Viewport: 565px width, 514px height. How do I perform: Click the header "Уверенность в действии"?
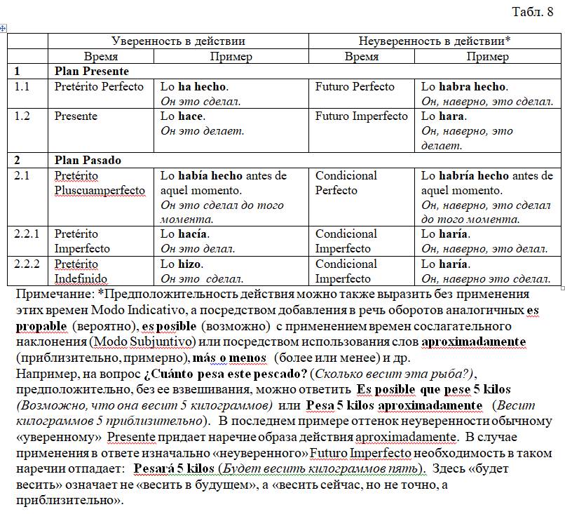[x=179, y=41]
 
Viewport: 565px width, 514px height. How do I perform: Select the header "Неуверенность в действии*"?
[x=434, y=41]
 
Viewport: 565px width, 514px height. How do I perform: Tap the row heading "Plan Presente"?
[x=92, y=72]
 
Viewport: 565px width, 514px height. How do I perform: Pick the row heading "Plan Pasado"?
[x=88, y=160]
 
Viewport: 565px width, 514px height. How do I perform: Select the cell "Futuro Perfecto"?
[x=355, y=87]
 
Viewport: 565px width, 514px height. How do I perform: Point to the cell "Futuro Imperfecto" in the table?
[x=361, y=116]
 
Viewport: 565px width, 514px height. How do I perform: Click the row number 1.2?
[x=22, y=116]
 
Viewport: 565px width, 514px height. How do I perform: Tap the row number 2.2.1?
[x=27, y=234]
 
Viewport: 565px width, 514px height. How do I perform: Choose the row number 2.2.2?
[x=27, y=264]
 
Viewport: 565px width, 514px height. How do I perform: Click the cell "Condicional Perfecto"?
[x=346, y=183]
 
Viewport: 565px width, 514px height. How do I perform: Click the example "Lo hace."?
[x=182, y=116]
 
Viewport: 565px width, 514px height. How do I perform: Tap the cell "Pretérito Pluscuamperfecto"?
[x=100, y=183]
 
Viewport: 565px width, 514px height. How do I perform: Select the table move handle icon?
[x=4, y=27]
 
